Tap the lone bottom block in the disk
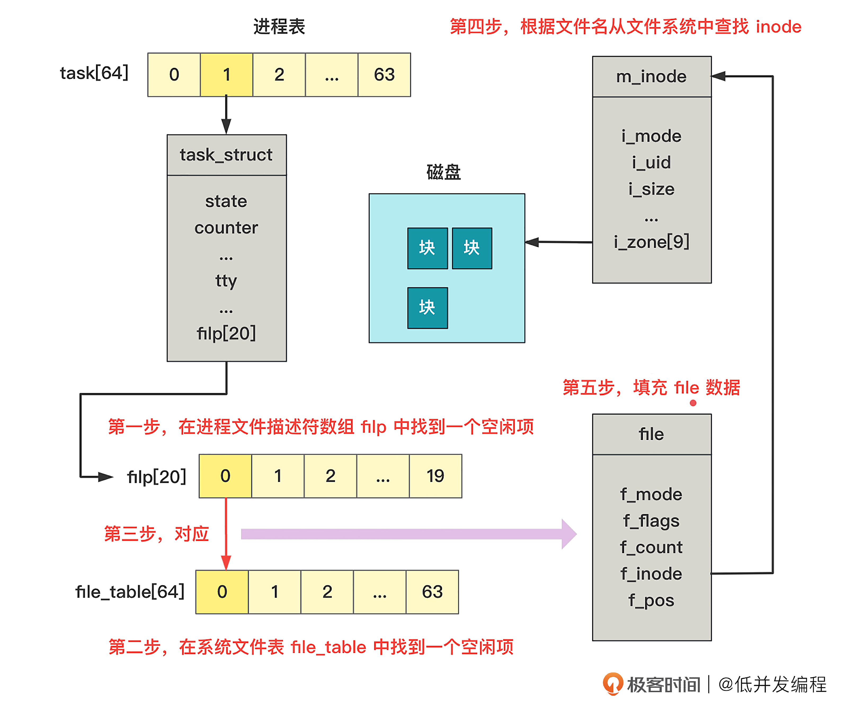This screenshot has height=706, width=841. tap(427, 308)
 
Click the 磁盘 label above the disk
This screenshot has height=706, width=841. tap(443, 173)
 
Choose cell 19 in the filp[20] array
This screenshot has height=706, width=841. tap(435, 476)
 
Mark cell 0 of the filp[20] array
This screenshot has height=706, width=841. tap(225, 476)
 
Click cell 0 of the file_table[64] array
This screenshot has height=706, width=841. tap(222, 592)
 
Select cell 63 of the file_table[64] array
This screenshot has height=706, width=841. tap(432, 592)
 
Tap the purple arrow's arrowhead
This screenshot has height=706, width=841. tap(569, 534)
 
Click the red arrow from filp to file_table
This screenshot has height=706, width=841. tap(226, 533)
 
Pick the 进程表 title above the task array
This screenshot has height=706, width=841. tap(279, 27)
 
